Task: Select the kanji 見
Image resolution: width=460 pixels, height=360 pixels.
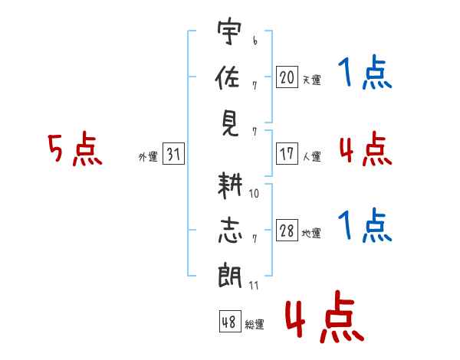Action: tap(228, 122)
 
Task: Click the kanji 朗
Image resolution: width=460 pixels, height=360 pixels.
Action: tap(228, 277)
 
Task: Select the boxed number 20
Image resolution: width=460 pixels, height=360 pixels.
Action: tap(287, 77)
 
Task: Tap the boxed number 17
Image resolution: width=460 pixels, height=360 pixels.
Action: tap(287, 153)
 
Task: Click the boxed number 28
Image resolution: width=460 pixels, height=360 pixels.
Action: tap(287, 231)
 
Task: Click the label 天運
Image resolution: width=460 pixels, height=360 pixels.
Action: tap(312, 80)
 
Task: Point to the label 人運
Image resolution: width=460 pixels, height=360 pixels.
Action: tap(312, 156)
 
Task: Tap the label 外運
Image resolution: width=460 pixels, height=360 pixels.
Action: tap(148, 157)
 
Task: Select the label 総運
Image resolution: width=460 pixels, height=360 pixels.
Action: tap(255, 324)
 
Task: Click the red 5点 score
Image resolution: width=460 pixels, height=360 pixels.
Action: tap(75, 150)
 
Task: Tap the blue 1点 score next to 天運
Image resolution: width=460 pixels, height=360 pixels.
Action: tap(365, 74)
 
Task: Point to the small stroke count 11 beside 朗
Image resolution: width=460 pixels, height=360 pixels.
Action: tap(254, 285)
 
